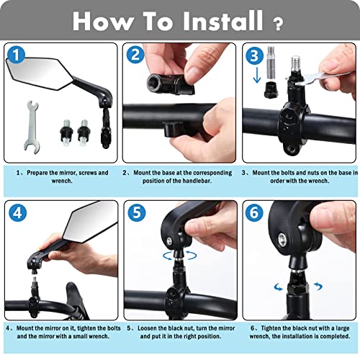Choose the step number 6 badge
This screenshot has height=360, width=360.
point(253,213)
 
